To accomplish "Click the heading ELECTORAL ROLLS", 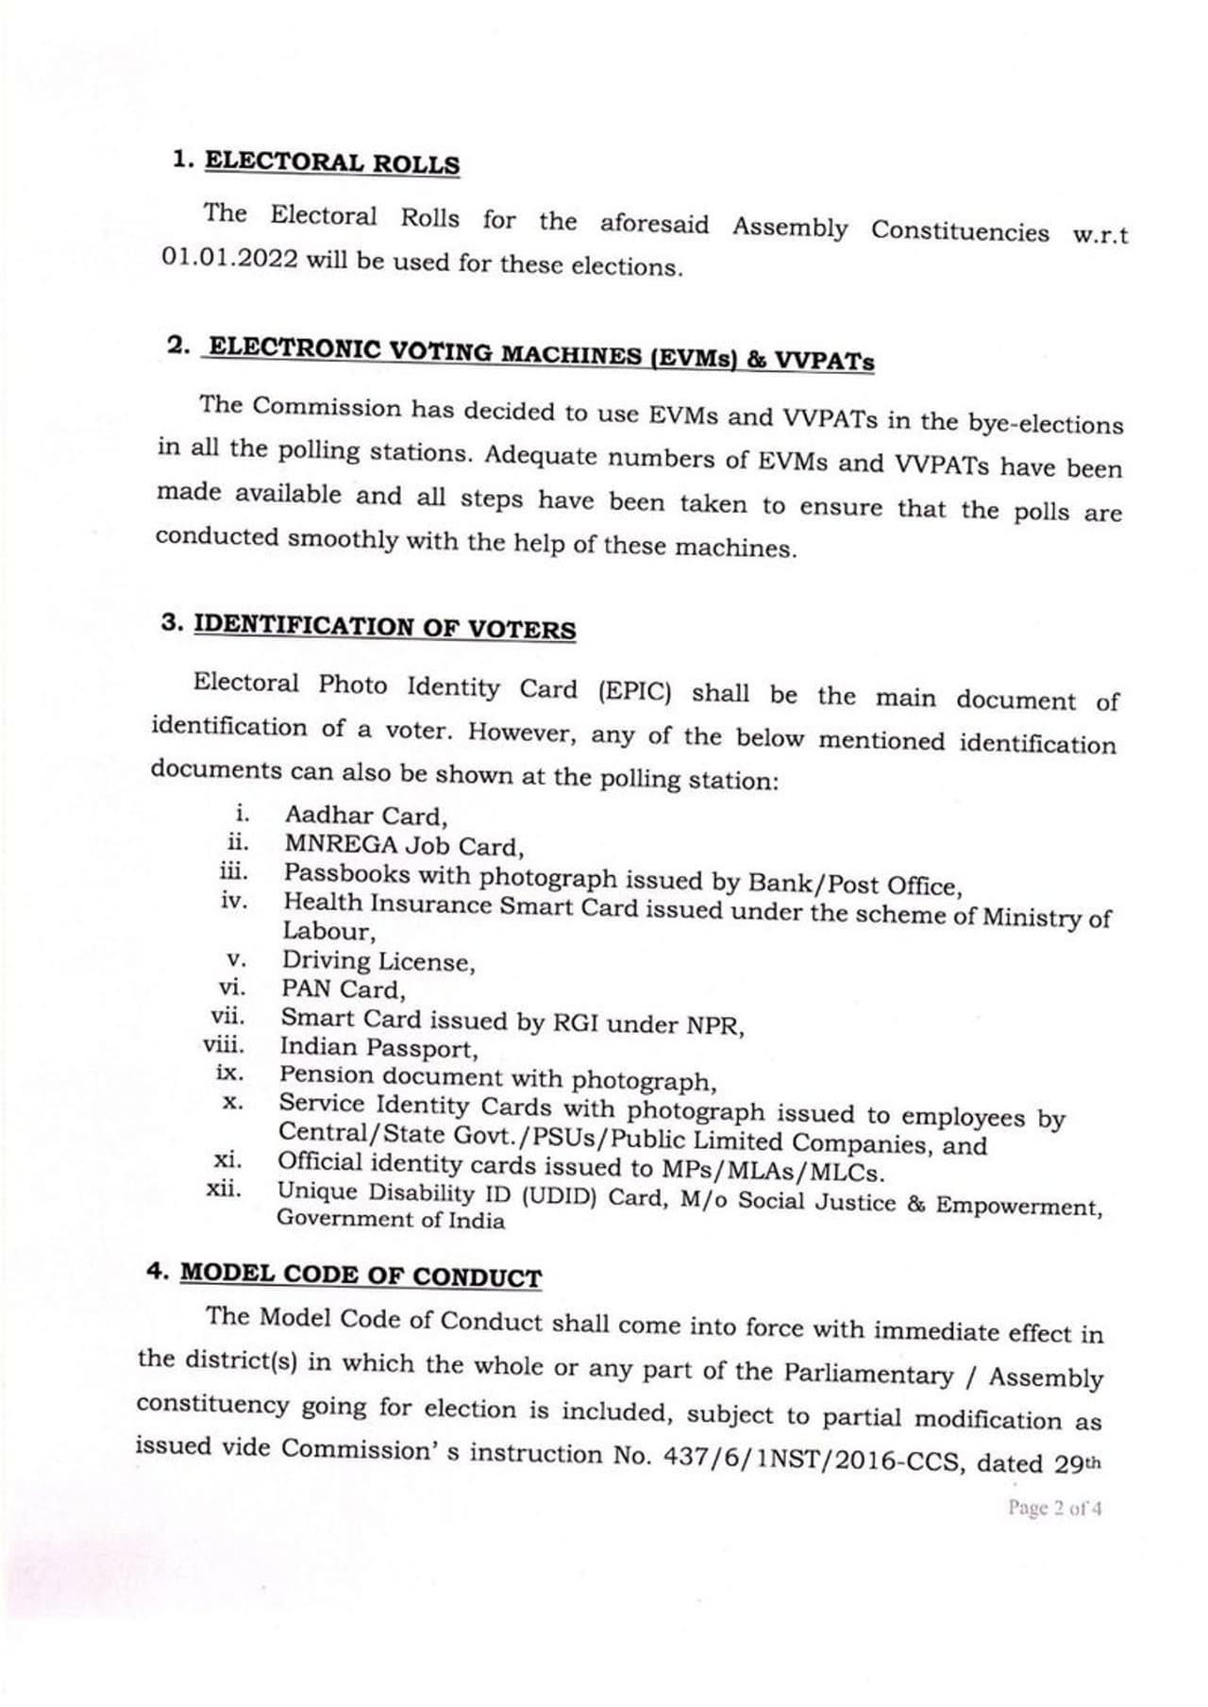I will pos(331,162).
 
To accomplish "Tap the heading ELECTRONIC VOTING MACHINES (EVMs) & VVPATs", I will pos(541,354).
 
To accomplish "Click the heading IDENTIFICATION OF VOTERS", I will pos(384,627).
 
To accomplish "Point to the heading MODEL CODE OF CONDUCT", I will pos(361,1275).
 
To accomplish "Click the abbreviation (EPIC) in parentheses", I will pos(634,691).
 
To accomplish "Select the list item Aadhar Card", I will pos(366,816).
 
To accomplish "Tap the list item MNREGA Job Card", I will pos(404,845).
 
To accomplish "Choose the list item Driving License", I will pos(378,961).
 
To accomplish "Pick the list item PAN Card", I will pos(343,989).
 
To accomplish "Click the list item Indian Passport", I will pos(378,1048).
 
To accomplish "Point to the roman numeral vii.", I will pos(228,1017).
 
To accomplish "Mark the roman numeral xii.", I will pos(225,1190).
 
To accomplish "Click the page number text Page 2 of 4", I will pos(1054,1508).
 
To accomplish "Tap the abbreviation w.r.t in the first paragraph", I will pos(1100,235).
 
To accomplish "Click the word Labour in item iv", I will pos(328,932).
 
